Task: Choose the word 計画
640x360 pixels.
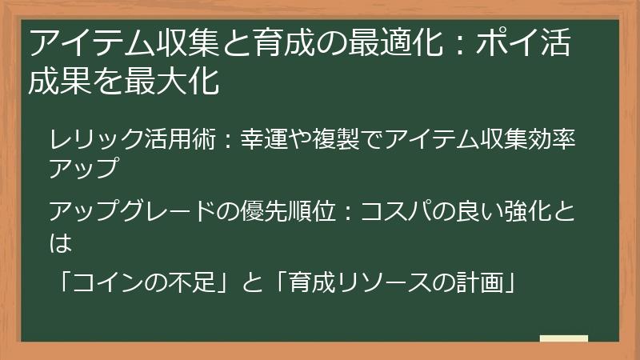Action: pyautogui.click(x=476, y=282)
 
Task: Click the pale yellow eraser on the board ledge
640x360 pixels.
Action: pyautogui.click(x=563, y=338)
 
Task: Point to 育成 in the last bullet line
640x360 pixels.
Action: pyautogui.click(x=297, y=282)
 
